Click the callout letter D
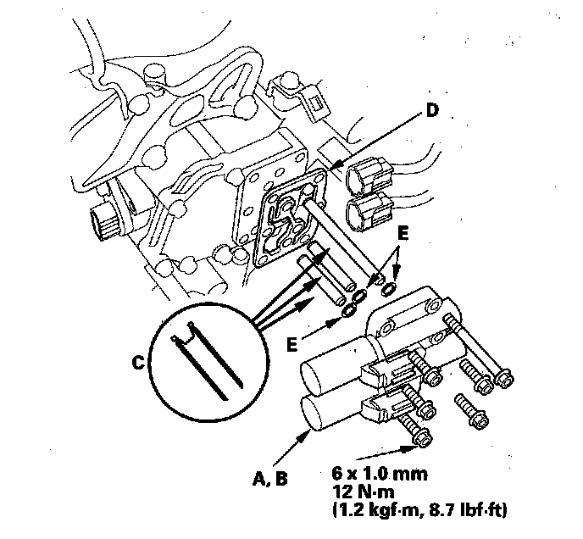coord(433,109)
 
